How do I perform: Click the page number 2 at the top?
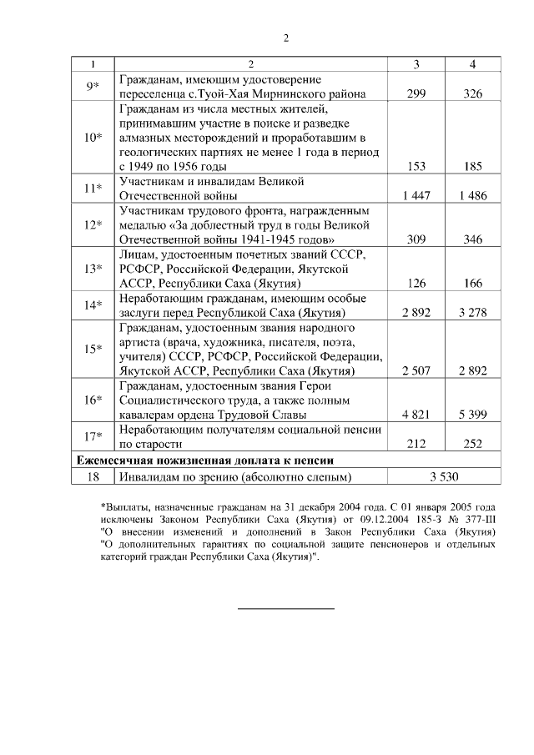coord(285,38)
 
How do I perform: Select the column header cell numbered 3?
coord(416,64)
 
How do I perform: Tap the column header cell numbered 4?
coord(472,64)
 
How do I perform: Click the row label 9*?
coord(92,87)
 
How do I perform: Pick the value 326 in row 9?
coord(472,94)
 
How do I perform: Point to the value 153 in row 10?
coord(416,167)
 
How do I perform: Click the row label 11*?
coord(92,189)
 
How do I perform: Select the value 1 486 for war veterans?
coord(472,196)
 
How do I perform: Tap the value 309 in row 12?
coord(416,239)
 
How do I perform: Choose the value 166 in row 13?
coord(472,283)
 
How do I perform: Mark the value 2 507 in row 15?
coord(416,370)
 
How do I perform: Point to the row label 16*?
coord(92,400)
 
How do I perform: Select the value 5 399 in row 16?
coord(472,415)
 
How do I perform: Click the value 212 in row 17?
coord(416,444)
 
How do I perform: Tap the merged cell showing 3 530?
coord(444,477)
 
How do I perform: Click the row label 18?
coord(92,477)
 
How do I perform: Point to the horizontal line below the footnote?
coord(285,609)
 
